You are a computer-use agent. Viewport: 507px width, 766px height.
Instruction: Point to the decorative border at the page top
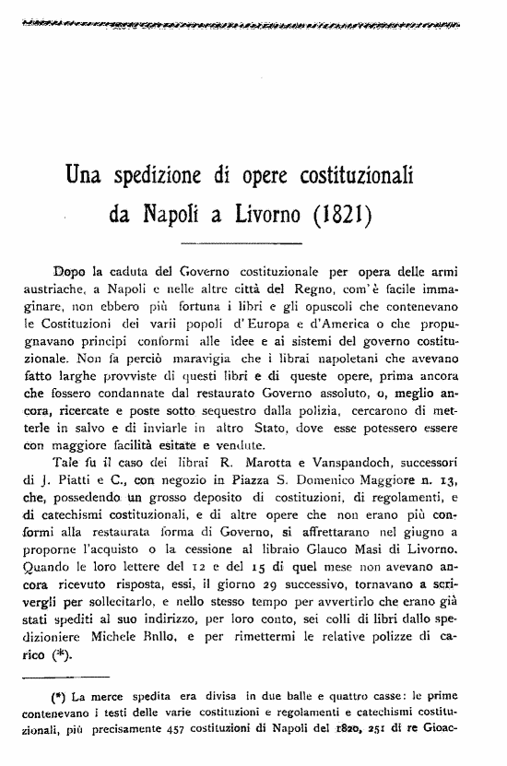(253, 24)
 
